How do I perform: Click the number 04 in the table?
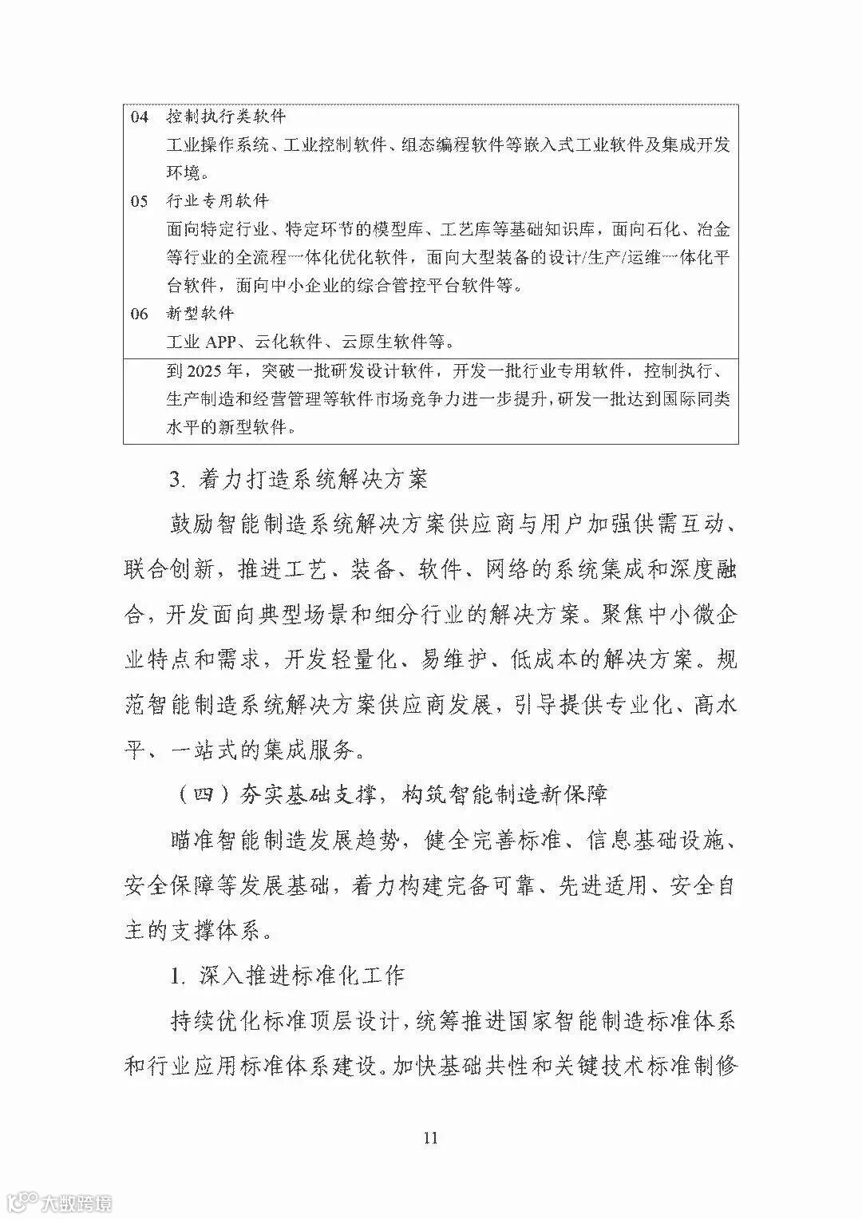tap(140, 117)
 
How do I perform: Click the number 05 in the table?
tap(140, 201)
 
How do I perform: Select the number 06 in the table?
tap(140, 314)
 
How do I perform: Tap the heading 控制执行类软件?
tap(226, 117)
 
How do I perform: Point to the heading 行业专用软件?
tap(218, 201)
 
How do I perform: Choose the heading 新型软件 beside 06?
tap(200, 314)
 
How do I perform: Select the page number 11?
tap(430, 1138)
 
